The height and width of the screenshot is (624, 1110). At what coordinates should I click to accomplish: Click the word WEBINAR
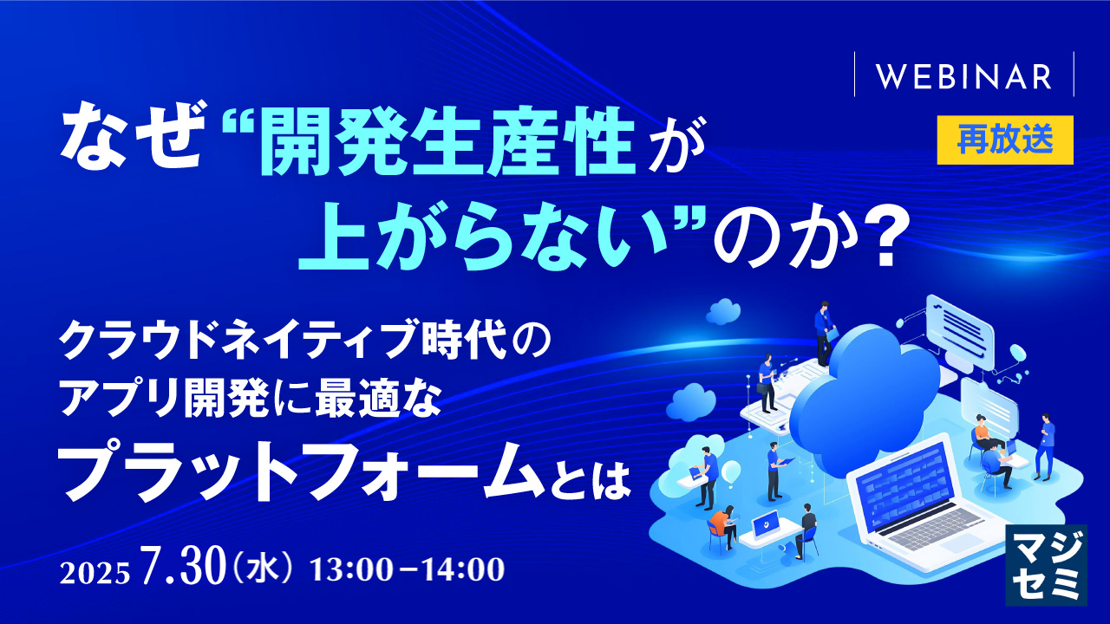(x=963, y=77)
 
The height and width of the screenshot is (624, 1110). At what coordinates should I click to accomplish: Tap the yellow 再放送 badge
(x=1005, y=140)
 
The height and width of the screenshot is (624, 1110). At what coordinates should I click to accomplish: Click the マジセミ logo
(x=1046, y=565)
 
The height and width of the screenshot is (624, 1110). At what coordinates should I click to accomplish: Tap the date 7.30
(x=182, y=566)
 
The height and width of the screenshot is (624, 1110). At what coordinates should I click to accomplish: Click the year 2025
(x=95, y=573)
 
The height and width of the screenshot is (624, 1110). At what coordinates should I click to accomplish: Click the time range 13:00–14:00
(x=407, y=569)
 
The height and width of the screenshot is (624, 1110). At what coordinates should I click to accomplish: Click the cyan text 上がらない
(x=486, y=241)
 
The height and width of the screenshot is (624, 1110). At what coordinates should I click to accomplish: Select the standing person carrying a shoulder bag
(x=767, y=383)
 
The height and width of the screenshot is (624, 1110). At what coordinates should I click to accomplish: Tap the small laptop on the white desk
(x=766, y=524)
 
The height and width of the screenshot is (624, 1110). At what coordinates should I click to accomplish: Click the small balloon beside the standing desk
(x=731, y=471)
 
